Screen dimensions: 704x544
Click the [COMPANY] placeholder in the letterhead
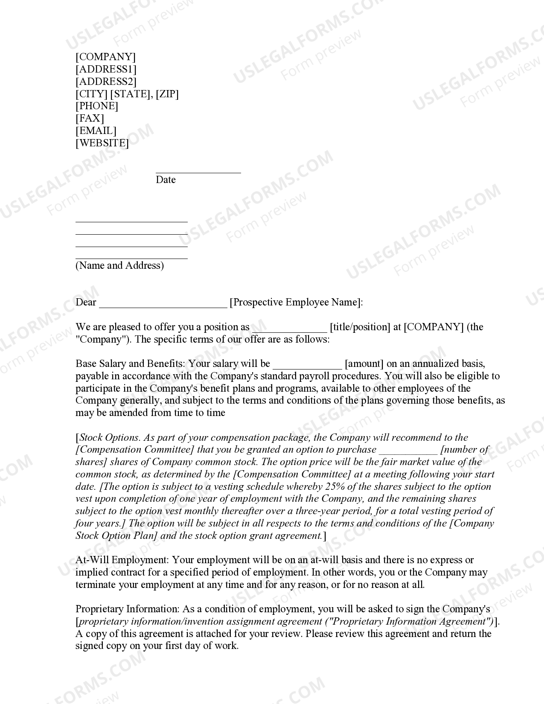(x=105, y=57)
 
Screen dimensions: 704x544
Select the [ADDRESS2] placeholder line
(x=106, y=81)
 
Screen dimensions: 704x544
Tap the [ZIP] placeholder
(x=167, y=94)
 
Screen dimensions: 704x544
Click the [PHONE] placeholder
(x=97, y=106)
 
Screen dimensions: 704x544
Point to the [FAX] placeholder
(x=90, y=118)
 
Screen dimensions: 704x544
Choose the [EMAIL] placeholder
(x=96, y=131)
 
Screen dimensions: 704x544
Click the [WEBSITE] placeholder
(x=102, y=143)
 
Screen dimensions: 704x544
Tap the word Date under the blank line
(x=166, y=180)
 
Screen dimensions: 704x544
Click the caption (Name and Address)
(x=119, y=265)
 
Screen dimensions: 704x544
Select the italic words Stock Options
(x=110, y=437)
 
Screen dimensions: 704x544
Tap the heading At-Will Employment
(x=122, y=560)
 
